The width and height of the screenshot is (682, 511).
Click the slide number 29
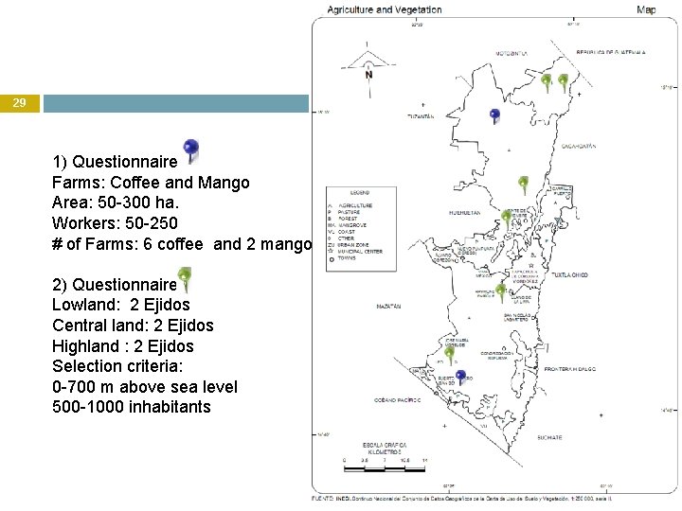click(x=19, y=103)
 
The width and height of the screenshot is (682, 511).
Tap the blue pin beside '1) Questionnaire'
click(x=191, y=150)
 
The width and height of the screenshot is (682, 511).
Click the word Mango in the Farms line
click(x=226, y=183)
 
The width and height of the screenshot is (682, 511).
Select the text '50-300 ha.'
click(x=128, y=203)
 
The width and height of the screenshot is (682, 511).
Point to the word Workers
click(x=84, y=224)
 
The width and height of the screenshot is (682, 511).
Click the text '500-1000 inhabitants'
click(x=132, y=407)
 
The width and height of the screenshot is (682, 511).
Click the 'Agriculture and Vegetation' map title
click(x=385, y=10)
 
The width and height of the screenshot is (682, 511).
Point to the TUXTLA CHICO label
click(x=565, y=275)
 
